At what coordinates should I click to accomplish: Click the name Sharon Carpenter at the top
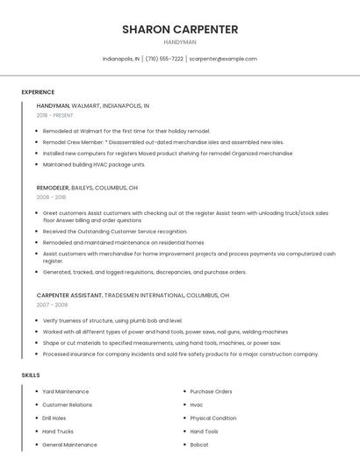tap(180, 29)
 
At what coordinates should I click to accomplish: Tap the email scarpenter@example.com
tap(223, 59)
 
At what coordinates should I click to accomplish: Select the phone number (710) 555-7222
tap(164, 59)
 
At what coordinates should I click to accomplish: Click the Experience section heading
tap(38, 92)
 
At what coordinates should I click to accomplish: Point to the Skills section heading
tap(31, 376)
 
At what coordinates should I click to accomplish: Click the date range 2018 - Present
tap(54, 115)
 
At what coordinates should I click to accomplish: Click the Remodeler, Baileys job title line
tap(87, 188)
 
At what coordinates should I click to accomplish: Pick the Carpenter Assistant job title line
tap(133, 295)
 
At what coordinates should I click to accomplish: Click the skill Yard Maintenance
tap(66, 391)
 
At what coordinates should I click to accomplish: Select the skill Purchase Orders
tap(211, 391)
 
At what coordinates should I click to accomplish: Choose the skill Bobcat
tap(200, 445)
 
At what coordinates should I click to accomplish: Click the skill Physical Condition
tap(213, 418)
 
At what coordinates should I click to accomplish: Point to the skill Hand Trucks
tap(58, 432)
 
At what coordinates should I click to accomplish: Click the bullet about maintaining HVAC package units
tap(94, 164)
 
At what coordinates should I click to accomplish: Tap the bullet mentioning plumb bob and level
tap(112, 321)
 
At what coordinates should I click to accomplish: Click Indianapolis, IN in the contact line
tap(121, 59)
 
